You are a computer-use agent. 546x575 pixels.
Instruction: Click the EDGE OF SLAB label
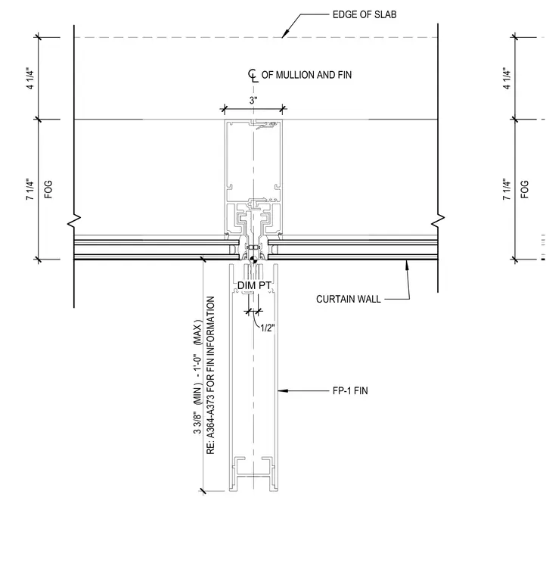coord(365,14)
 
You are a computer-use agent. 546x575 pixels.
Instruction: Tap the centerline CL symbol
coord(253,75)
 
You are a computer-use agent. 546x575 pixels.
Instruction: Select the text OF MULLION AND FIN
coord(306,75)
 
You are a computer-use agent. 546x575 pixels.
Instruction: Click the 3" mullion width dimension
coord(253,101)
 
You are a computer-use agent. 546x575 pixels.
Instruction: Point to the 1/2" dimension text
coord(268,328)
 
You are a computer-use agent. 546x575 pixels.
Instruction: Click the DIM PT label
coord(254,285)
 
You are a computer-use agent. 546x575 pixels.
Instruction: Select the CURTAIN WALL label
coord(349,300)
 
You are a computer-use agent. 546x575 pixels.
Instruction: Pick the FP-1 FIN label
coord(350,391)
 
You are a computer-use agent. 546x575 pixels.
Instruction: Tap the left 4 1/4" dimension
coord(30,79)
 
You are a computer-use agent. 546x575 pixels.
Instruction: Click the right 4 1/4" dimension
coord(507,78)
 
